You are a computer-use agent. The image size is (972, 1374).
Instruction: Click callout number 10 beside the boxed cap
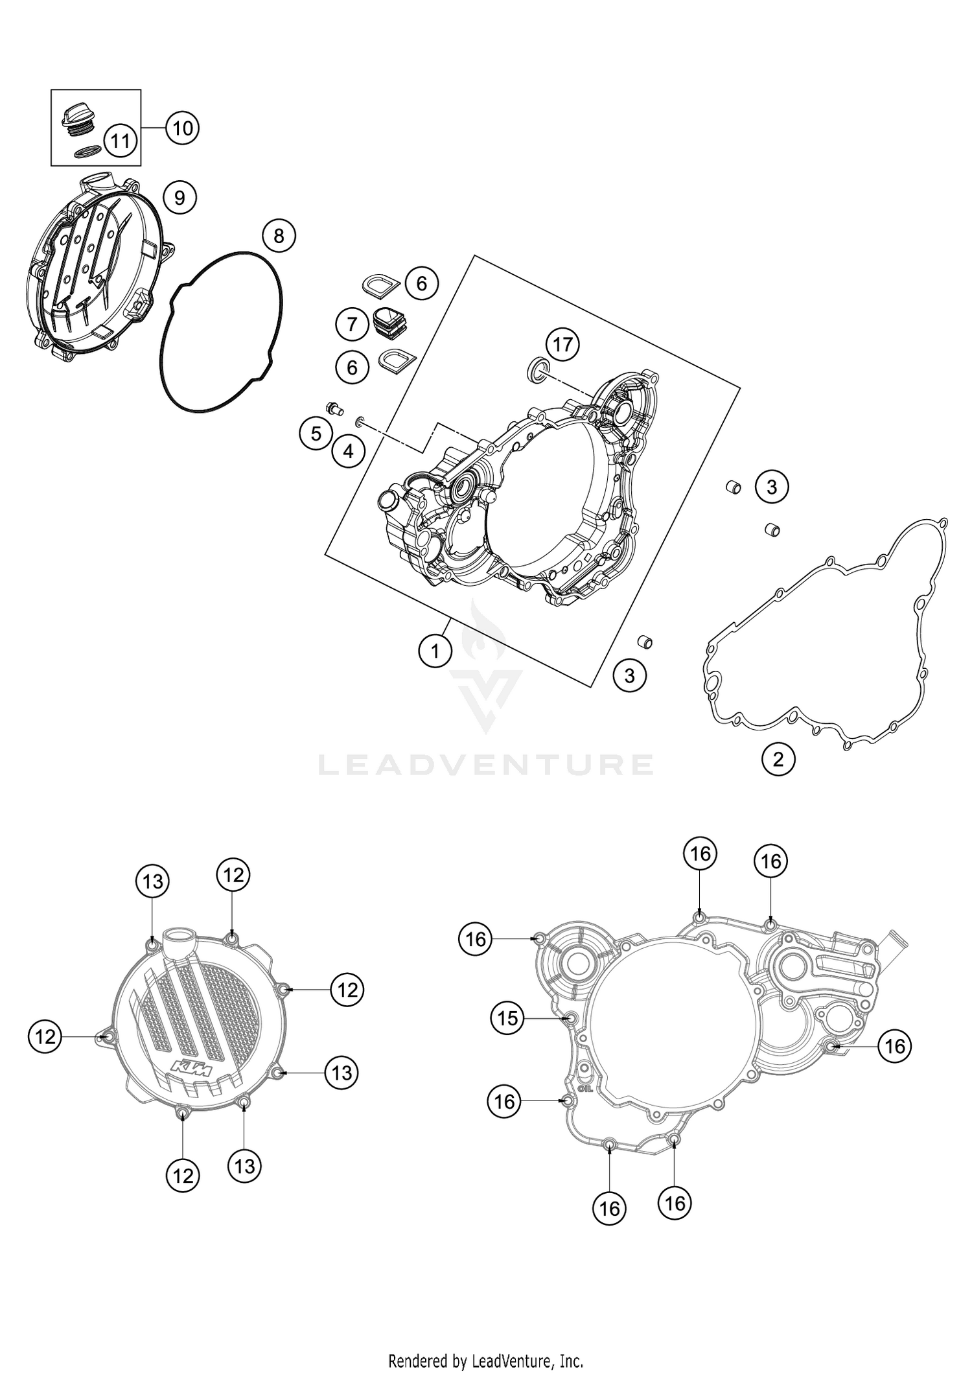[183, 128]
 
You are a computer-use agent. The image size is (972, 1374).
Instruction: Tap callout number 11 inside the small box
[121, 140]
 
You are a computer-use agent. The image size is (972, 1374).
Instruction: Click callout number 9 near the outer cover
[179, 197]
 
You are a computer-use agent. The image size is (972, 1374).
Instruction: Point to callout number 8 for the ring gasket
[279, 236]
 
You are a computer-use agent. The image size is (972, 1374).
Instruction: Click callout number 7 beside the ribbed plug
[352, 323]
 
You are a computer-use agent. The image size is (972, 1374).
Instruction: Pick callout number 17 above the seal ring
[562, 343]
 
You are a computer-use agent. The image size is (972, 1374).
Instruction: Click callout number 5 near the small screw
[316, 434]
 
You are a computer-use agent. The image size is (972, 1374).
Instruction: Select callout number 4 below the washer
[348, 451]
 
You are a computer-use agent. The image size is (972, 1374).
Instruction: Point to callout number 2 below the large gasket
[778, 758]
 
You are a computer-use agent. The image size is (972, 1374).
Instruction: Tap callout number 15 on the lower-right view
[507, 1018]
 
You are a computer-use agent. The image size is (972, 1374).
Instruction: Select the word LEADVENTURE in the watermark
[486, 765]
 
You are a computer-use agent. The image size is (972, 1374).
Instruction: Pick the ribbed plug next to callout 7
[389, 321]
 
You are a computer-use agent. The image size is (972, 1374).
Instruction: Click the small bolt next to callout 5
[334, 408]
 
